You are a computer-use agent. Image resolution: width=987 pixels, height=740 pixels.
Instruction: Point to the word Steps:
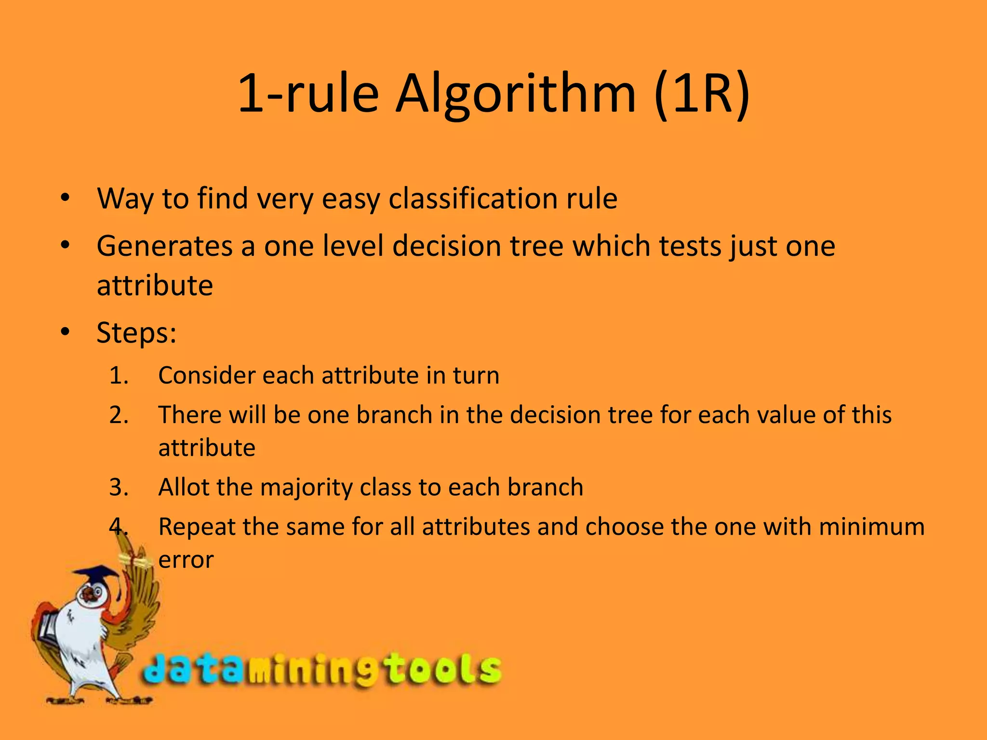pyautogui.click(x=137, y=332)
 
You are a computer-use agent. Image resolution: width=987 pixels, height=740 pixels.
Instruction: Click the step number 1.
pyautogui.click(x=118, y=375)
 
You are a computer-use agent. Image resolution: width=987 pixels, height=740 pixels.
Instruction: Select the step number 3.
pyautogui.click(x=118, y=487)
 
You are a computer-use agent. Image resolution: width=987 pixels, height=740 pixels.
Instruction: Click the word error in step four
pyautogui.click(x=186, y=560)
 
